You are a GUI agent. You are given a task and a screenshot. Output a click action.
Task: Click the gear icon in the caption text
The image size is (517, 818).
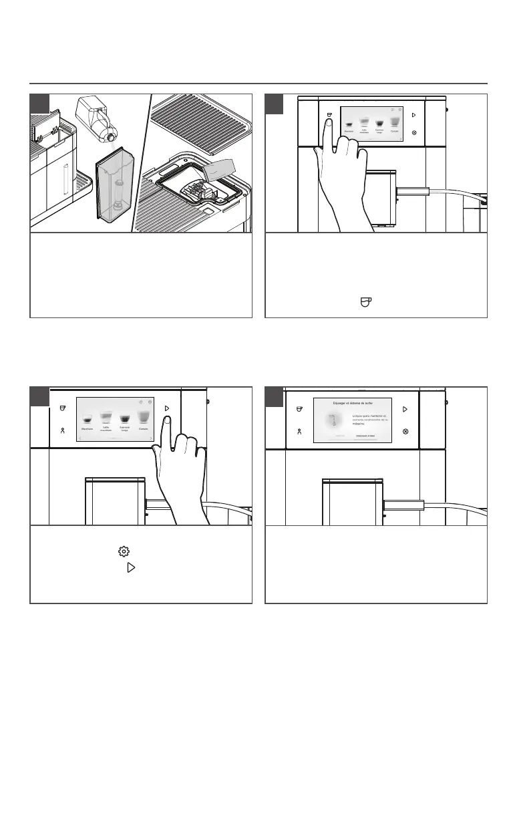[x=122, y=551]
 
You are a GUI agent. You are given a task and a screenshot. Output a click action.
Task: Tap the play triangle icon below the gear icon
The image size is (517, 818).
[x=131, y=567]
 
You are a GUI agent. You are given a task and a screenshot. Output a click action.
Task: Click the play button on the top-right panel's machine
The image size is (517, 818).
[x=415, y=115]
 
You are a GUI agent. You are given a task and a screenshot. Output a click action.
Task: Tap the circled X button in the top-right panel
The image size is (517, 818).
[x=415, y=133]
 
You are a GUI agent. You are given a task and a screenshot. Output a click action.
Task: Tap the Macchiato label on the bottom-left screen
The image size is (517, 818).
[x=87, y=428]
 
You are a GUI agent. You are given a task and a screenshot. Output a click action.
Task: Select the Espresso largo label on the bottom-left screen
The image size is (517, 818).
[x=125, y=428]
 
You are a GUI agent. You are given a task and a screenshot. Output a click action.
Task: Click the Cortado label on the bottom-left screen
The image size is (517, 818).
[x=144, y=428]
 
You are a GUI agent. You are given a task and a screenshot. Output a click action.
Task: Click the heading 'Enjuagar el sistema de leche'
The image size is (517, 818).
[x=353, y=404]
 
